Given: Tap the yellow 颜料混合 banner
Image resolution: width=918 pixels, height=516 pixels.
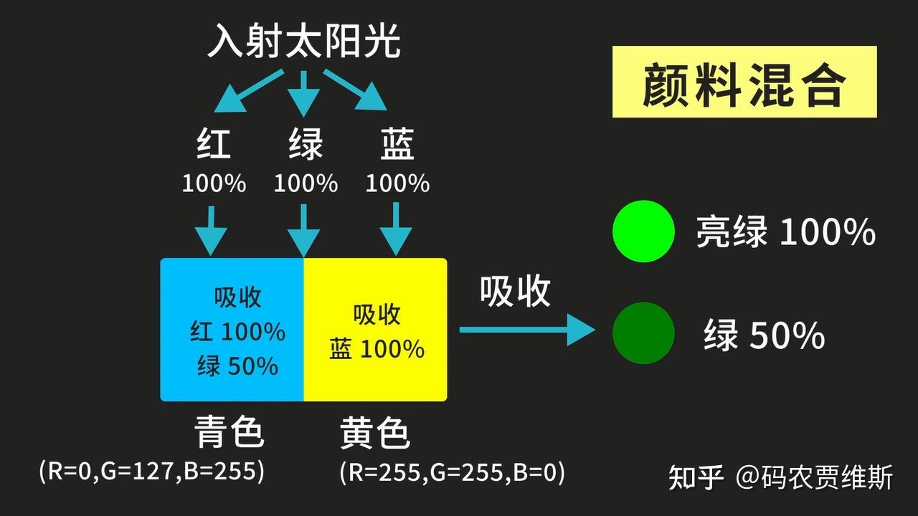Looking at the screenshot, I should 744,82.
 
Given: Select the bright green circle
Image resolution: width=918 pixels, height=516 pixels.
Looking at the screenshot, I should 643,230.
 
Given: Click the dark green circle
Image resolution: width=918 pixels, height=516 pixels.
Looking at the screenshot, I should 643,333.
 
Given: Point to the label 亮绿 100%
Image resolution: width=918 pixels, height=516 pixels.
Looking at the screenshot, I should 785,232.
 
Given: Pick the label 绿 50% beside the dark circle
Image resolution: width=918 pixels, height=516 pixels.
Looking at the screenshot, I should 764,335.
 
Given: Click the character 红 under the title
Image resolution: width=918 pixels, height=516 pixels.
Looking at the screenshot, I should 214,144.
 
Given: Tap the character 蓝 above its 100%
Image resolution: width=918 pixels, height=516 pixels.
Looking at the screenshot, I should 397,144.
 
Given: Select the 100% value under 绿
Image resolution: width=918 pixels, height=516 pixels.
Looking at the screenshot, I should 306,183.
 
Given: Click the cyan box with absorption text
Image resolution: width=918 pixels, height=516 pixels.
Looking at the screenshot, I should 232,330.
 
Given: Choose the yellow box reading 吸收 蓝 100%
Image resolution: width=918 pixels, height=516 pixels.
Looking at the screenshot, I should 376,330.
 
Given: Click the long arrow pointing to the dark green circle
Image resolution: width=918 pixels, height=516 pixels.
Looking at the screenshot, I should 526,330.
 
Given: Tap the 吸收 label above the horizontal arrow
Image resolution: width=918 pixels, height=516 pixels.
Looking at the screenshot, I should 515,291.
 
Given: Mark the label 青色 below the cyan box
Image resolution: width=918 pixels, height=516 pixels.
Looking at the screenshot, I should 229,433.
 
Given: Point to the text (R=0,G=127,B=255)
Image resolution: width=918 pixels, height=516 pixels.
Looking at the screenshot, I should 152,471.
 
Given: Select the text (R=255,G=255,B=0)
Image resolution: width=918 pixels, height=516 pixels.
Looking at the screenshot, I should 452,472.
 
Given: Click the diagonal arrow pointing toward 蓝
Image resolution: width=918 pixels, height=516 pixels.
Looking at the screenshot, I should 354,89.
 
